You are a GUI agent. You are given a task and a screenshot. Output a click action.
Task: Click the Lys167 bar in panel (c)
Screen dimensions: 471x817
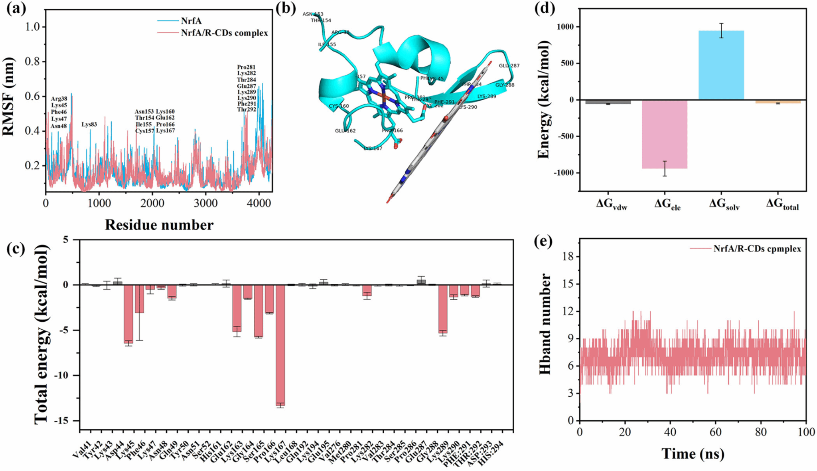click(x=280, y=345)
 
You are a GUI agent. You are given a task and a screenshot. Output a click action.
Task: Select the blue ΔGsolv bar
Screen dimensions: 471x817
click(x=721, y=65)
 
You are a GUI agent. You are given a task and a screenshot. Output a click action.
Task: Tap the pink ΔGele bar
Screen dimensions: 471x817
click(x=665, y=134)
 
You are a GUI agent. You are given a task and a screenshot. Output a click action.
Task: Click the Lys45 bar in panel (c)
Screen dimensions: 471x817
click(x=128, y=313)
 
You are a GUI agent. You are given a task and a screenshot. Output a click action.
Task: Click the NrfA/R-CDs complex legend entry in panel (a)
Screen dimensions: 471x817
click(x=224, y=33)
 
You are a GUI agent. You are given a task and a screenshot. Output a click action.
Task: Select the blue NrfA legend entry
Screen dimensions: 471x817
click(x=191, y=21)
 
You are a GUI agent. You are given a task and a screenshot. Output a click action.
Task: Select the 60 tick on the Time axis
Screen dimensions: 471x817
click(x=716, y=432)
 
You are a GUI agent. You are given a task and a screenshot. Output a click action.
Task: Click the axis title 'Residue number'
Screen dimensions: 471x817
click(x=159, y=225)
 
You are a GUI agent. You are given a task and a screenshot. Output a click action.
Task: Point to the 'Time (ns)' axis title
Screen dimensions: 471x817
click(x=693, y=454)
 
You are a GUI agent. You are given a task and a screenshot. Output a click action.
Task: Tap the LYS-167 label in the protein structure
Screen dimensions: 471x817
click(x=373, y=148)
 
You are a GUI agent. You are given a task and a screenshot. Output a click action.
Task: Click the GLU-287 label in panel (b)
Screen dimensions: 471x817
click(x=509, y=65)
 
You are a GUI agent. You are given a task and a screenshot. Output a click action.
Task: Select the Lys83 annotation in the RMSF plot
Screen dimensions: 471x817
click(x=89, y=125)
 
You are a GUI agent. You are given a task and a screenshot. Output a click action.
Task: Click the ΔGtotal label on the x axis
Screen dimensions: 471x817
click(x=782, y=204)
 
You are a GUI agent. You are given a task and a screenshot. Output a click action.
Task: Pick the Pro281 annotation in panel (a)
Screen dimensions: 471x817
click(x=246, y=67)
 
